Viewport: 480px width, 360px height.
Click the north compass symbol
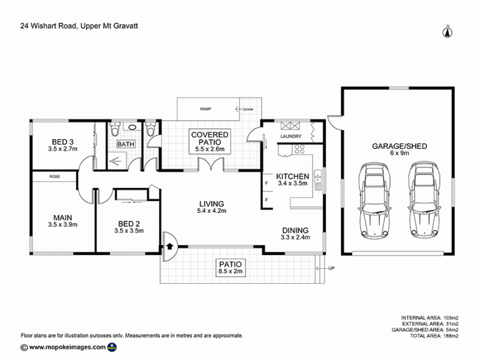[447, 32]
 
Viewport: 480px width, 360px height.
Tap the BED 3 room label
[62, 142]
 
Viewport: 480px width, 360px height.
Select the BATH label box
[125, 144]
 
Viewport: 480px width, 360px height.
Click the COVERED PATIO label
[210, 138]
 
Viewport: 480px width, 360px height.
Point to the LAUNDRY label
[291, 136]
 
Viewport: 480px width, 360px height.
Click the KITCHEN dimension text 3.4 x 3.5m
[293, 183]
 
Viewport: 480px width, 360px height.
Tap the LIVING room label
[212, 204]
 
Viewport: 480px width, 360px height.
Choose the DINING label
[295, 230]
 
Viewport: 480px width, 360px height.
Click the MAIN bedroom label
[63, 218]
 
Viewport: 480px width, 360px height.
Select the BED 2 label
[129, 224]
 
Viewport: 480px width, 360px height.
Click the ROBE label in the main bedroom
[55, 177]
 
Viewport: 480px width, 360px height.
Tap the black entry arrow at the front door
[170, 246]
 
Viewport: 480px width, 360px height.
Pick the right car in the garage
[425, 200]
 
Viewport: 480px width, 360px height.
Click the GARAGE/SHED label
[399, 146]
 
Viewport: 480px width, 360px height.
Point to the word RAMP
[206, 109]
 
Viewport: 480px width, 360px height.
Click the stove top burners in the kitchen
[299, 149]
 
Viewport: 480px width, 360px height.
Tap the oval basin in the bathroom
[132, 127]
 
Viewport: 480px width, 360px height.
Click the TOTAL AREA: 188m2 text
[434, 336]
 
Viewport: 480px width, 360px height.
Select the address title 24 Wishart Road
[48, 26]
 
